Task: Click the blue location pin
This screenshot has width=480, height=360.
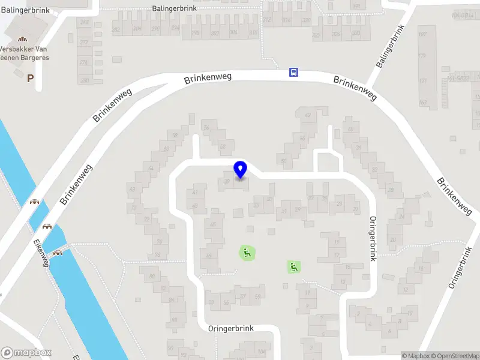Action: click(241, 169)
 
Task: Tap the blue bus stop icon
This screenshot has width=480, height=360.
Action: click(293, 73)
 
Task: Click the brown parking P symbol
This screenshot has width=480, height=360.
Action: click(30, 78)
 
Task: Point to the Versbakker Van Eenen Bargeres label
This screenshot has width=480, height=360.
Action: click(25, 53)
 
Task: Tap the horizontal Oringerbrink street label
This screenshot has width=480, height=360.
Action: click(231, 329)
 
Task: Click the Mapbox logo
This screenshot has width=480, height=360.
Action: click(26, 353)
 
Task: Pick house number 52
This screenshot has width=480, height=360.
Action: click(223, 146)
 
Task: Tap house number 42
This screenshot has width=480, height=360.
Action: click(308, 115)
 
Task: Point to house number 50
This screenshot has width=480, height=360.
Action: click(283, 161)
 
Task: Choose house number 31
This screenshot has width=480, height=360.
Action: click(285, 210)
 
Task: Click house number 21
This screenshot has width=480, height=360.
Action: click(356, 209)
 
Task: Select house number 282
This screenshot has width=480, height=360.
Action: click(116, 29)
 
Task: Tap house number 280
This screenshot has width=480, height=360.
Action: click(85, 80)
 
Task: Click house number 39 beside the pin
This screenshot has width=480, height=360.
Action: click(227, 181)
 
